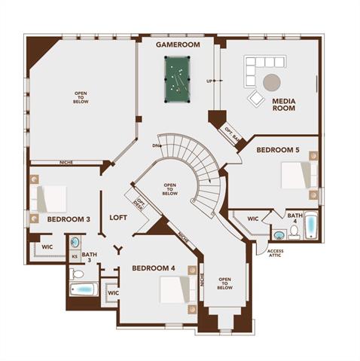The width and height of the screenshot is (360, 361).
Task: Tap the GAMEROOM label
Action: [x=178, y=45]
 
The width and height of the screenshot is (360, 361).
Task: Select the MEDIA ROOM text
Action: [x=283, y=104]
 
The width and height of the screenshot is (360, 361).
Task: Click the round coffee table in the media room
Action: [x=271, y=82]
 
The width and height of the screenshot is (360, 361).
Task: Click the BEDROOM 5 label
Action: [x=278, y=150]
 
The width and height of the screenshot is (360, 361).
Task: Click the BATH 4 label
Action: [x=295, y=219]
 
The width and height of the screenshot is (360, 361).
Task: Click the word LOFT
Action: [x=119, y=217]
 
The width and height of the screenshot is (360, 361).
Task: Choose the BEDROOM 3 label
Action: [x=69, y=219]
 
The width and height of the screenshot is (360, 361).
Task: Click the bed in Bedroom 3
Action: [x=50, y=199]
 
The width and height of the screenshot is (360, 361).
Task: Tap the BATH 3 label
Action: [x=90, y=259]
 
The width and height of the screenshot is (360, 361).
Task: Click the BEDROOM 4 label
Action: [x=154, y=268]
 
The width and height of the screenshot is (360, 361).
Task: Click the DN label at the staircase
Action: [x=155, y=145]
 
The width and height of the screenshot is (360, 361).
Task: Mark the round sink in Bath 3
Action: [x=75, y=243]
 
